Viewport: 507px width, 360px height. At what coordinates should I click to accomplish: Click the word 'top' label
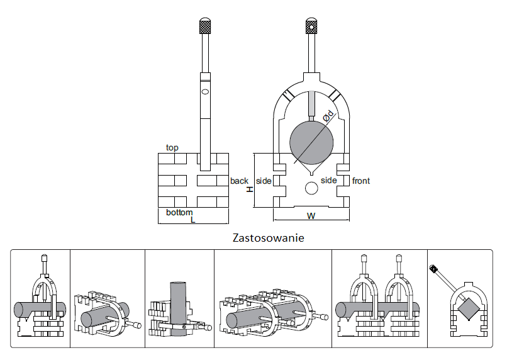pos(172,148)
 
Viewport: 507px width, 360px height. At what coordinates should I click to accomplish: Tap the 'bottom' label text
pos(179,212)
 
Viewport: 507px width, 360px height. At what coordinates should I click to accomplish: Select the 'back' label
pos(239,181)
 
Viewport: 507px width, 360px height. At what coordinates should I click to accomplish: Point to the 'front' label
pos(360,181)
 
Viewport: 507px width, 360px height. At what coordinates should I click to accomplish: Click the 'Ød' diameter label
pos(328,116)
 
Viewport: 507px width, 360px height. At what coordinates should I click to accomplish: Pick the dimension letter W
pos(311,216)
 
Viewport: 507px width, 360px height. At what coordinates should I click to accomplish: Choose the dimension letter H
pos(250,189)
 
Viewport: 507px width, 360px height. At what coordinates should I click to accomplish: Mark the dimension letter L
pos(193,220)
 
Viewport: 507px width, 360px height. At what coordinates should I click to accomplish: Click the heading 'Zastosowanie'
pos(269,238)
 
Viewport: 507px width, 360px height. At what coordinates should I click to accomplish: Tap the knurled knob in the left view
pos(204,26)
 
